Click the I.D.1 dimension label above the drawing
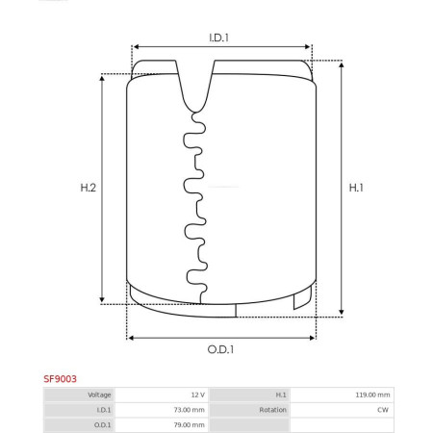(218, 38)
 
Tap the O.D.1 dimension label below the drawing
(220, 349)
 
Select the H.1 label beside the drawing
(356, 188)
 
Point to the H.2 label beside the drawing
(89, 188)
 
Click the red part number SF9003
(60, 379)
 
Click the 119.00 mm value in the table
(372, 395)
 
